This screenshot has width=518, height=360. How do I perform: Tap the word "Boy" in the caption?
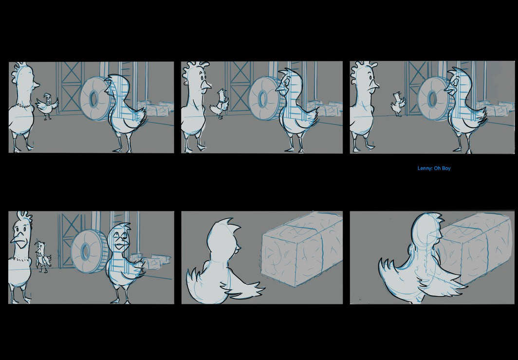click(446, 168)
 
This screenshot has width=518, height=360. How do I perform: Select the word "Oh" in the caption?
click(437, 168)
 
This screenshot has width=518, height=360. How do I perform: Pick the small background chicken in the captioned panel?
click(398, 104)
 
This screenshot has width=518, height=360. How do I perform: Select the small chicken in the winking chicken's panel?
click(42, 256)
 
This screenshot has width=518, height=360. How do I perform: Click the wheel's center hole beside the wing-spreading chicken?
click(93, 98)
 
